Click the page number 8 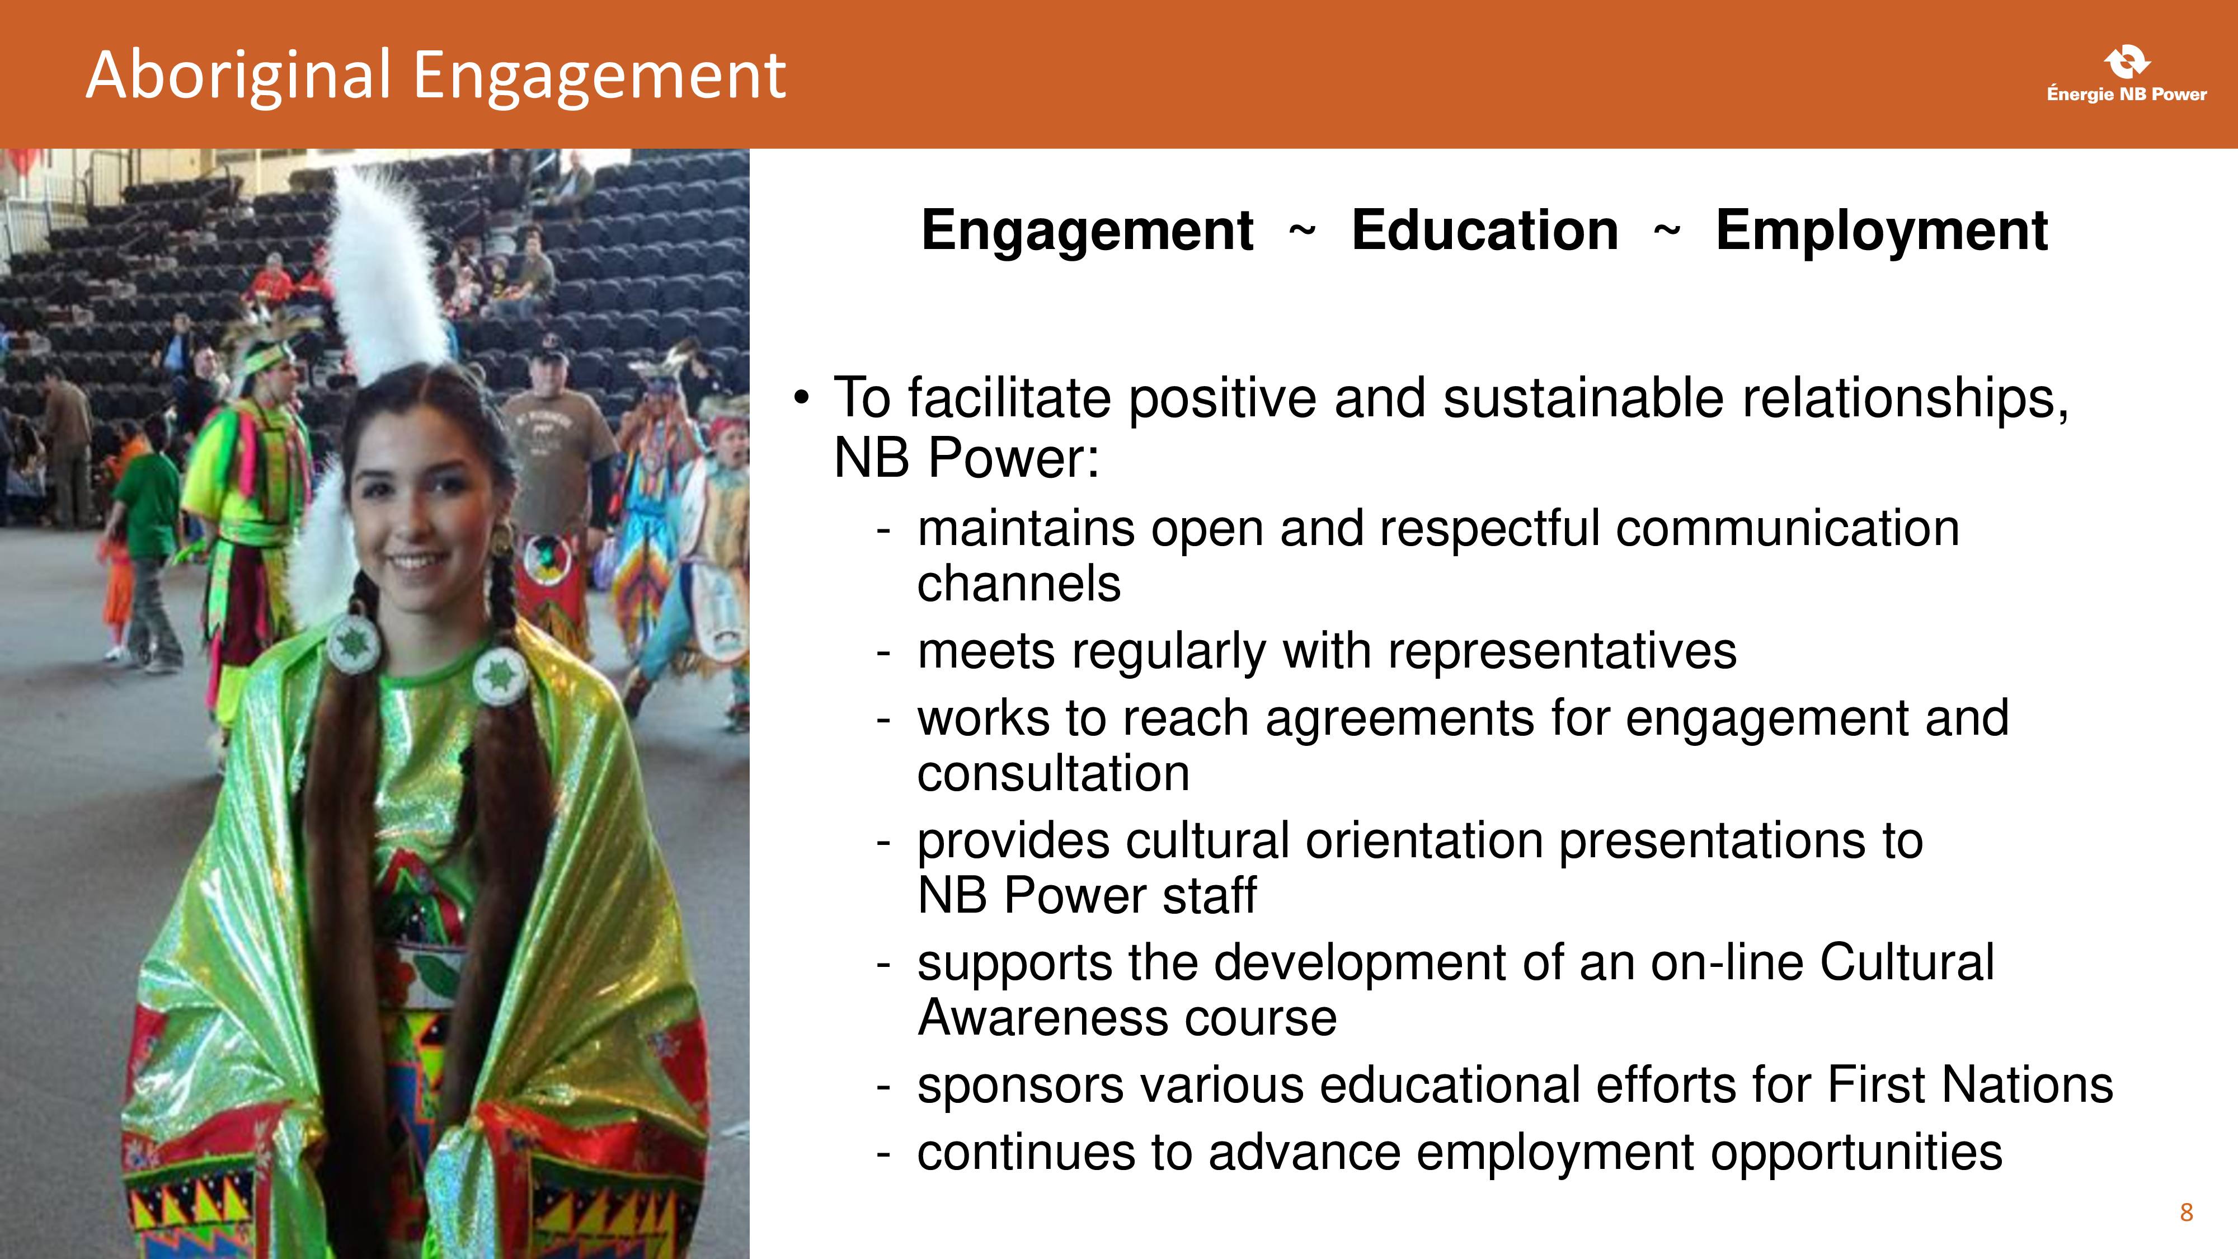click(2187, 1212)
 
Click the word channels click(1019, 584)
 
